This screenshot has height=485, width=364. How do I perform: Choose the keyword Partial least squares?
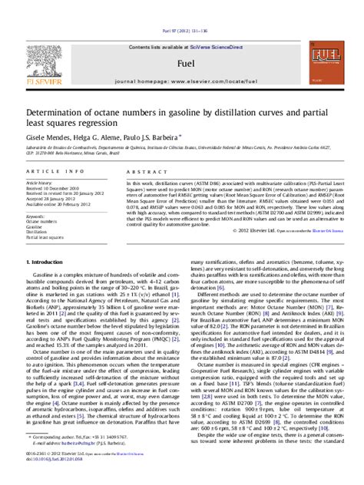(x=43, y=238)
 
